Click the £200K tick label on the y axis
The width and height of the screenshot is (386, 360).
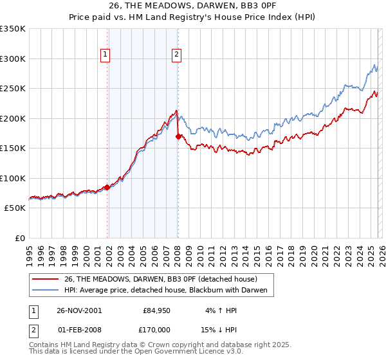pos(13,118)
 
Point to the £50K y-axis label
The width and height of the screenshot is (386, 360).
pos(15,208)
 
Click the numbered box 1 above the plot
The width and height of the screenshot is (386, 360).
pos(105,55)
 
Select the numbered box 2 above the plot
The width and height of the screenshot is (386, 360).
pos(176,55)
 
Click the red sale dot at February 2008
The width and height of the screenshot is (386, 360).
pos(178,136)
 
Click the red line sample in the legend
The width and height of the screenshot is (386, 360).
pos(46,279)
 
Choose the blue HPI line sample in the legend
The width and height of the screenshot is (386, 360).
pos(46,291)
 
